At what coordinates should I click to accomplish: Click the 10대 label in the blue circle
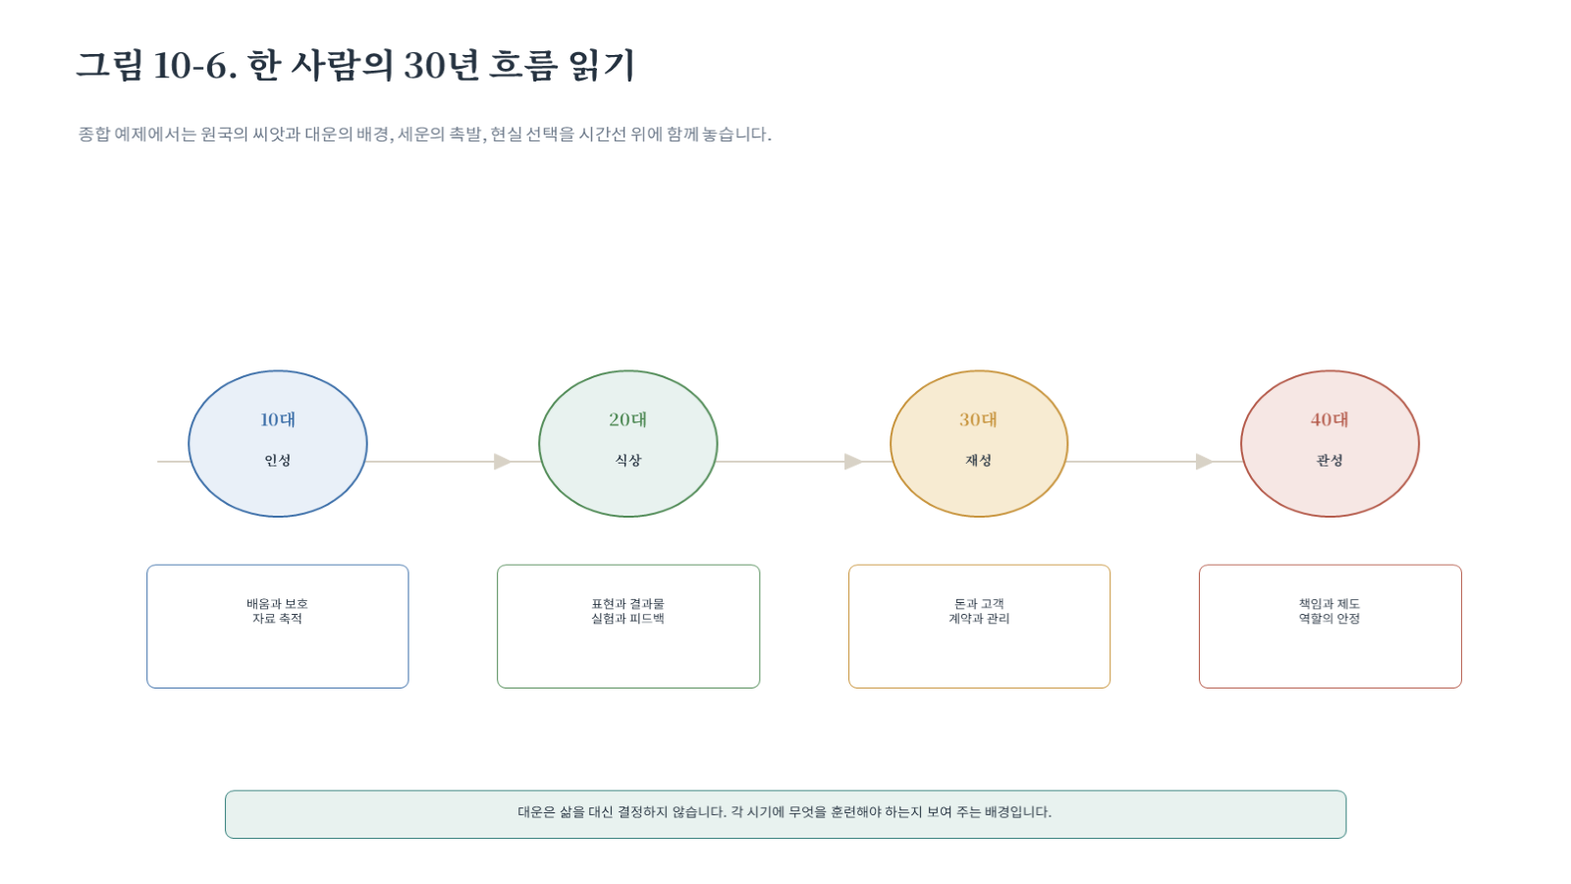tap(278, 419)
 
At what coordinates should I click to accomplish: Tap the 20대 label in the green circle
tap(627, 419)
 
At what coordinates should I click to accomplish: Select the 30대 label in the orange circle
tap(978, 419)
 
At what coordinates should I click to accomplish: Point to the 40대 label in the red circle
tap(1329, 419)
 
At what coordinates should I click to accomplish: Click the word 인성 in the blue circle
tap(278, 461)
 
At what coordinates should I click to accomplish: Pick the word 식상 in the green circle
tap(627, 461)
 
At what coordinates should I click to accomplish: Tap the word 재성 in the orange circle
tap(978, 461)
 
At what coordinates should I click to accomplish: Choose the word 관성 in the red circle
tap(1329, 461)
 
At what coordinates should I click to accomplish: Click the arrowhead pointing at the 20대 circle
tap(502, 462)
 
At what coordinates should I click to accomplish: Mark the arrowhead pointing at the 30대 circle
tap(853, 462)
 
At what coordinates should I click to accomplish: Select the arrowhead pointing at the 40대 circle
tap(1204, 462)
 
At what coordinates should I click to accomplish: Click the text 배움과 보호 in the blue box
tap(277, 603)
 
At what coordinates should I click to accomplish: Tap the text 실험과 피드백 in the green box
tap(627, 619)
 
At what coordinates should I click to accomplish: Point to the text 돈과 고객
tap(979, 603)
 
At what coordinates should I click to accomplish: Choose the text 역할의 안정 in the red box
tap(1329, 619)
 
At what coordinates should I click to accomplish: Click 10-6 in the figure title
tap(190, 66)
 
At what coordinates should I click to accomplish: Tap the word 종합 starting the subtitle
tap(93, 134)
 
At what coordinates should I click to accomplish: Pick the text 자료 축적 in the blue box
tap(277, 619)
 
